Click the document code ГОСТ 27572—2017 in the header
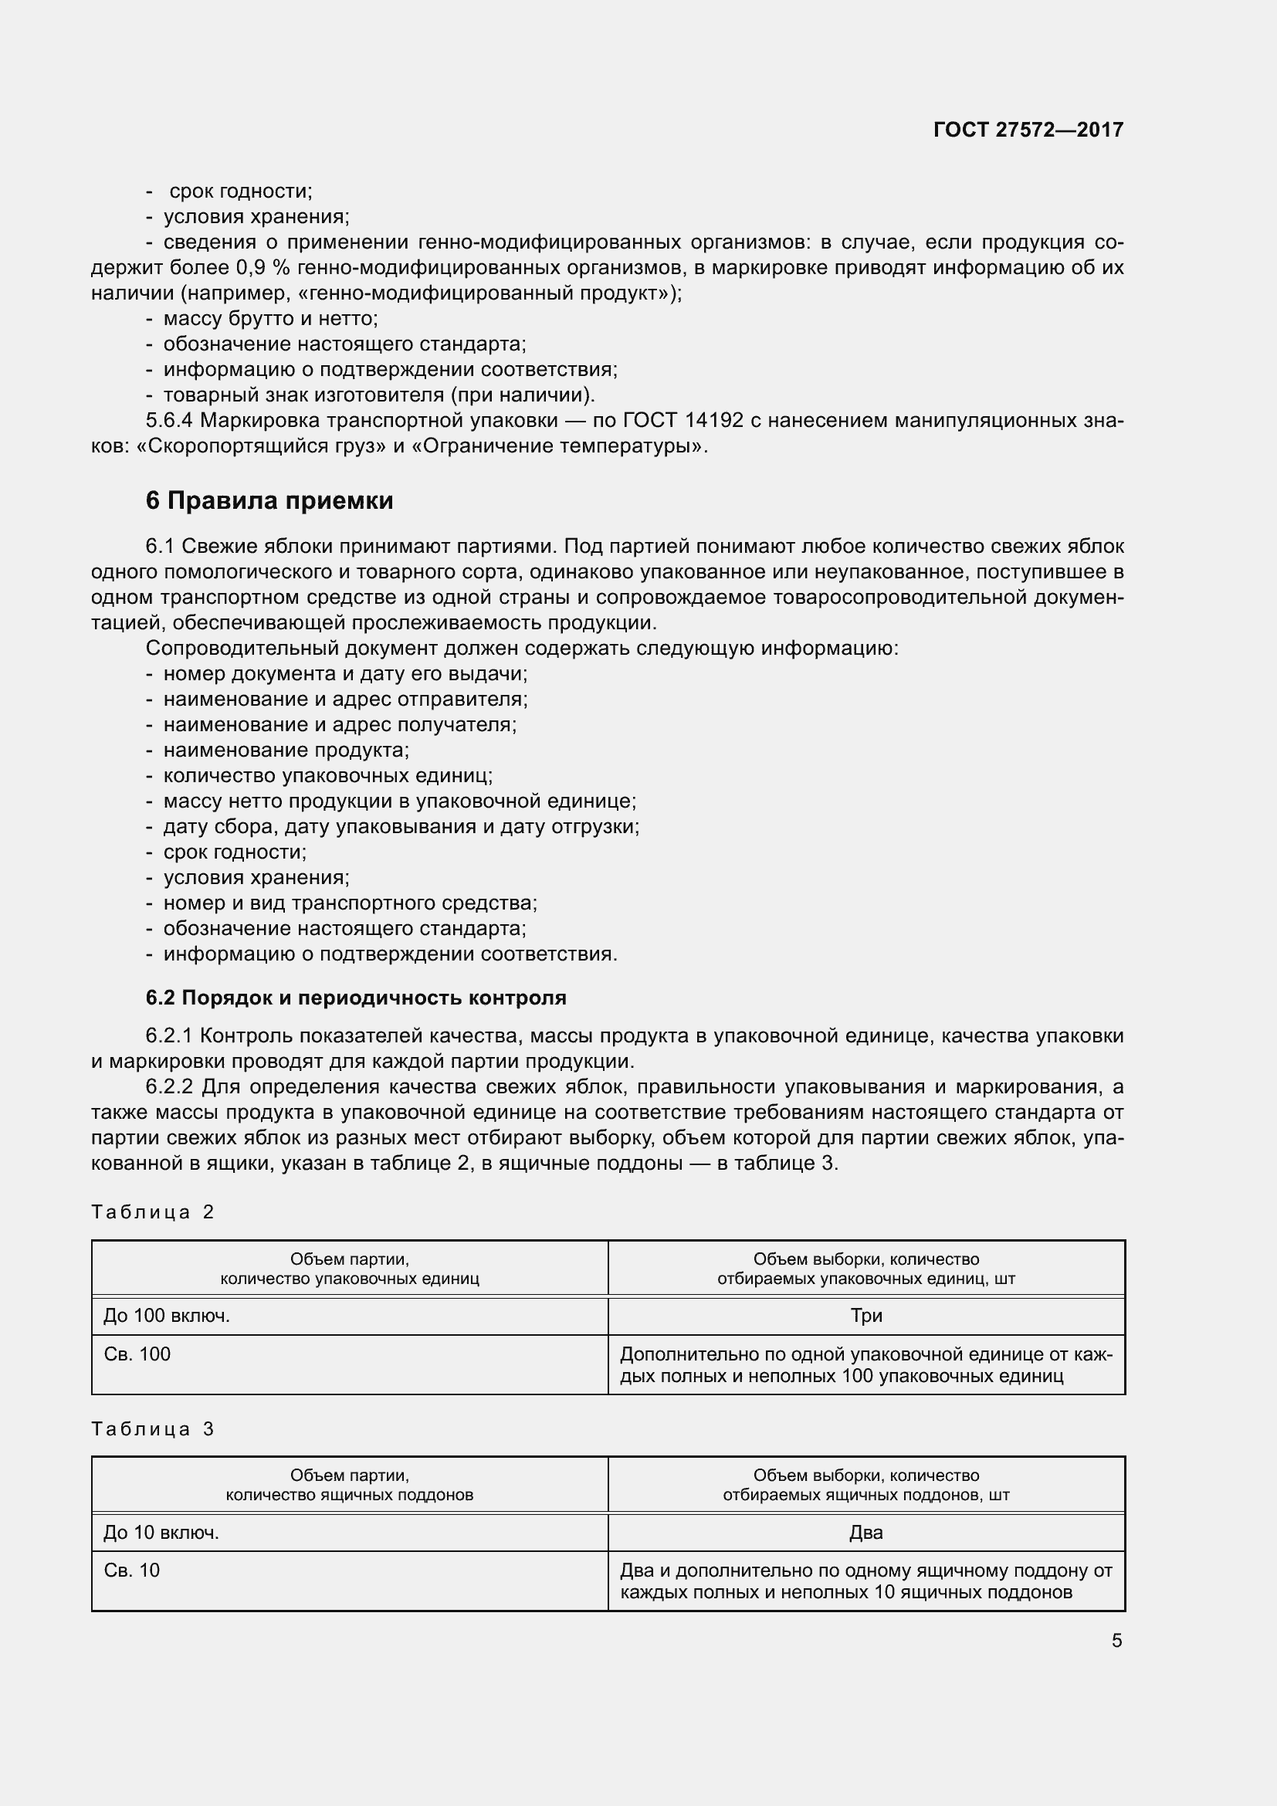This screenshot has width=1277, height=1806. click(x=1028, y=130)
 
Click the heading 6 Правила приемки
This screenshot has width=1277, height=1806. click(x=269, y=501)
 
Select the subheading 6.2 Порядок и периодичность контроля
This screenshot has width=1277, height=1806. click(x=355, y=998)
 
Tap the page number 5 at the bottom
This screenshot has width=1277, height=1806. click(x=1116, y=1641)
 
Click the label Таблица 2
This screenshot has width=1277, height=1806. click(x=153, y=1212)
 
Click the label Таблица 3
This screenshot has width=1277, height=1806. click(x=153, y=1429)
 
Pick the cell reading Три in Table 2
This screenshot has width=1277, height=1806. click(x=865, y=1316)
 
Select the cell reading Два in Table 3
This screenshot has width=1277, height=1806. click(x=865, y=1532)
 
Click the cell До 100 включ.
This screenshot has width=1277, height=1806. click(x=167, y=1316)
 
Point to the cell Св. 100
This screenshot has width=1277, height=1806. click(x=137, y=1354)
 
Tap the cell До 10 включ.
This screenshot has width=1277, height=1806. click(x=161, y=1532)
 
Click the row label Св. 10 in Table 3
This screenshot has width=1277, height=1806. click(x=131, y=1570)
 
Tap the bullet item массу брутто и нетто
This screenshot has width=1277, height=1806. click(x=270, y=319)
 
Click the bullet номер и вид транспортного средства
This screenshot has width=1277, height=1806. click(x=350, y=903)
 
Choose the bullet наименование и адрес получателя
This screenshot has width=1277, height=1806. click(x=340, y=724)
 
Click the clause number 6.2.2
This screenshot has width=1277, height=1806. click(x=169, y=1087)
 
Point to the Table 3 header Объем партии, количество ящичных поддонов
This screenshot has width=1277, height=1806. click(x=349, y=1485)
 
